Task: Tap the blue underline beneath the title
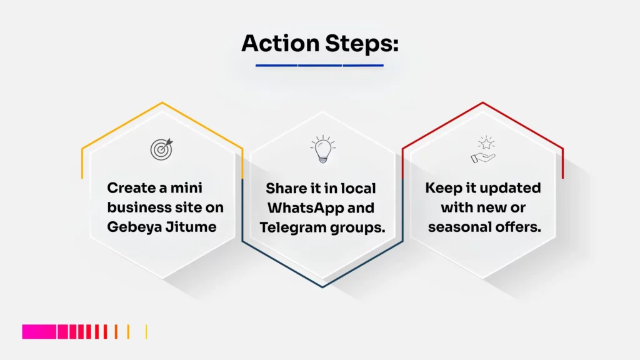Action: (x=319, y=65)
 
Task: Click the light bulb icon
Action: (x=322, y=150)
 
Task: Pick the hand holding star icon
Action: (x=482, y=151)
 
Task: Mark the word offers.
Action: (x=521, y=227)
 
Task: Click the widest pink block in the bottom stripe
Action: (x=39, y=331)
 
